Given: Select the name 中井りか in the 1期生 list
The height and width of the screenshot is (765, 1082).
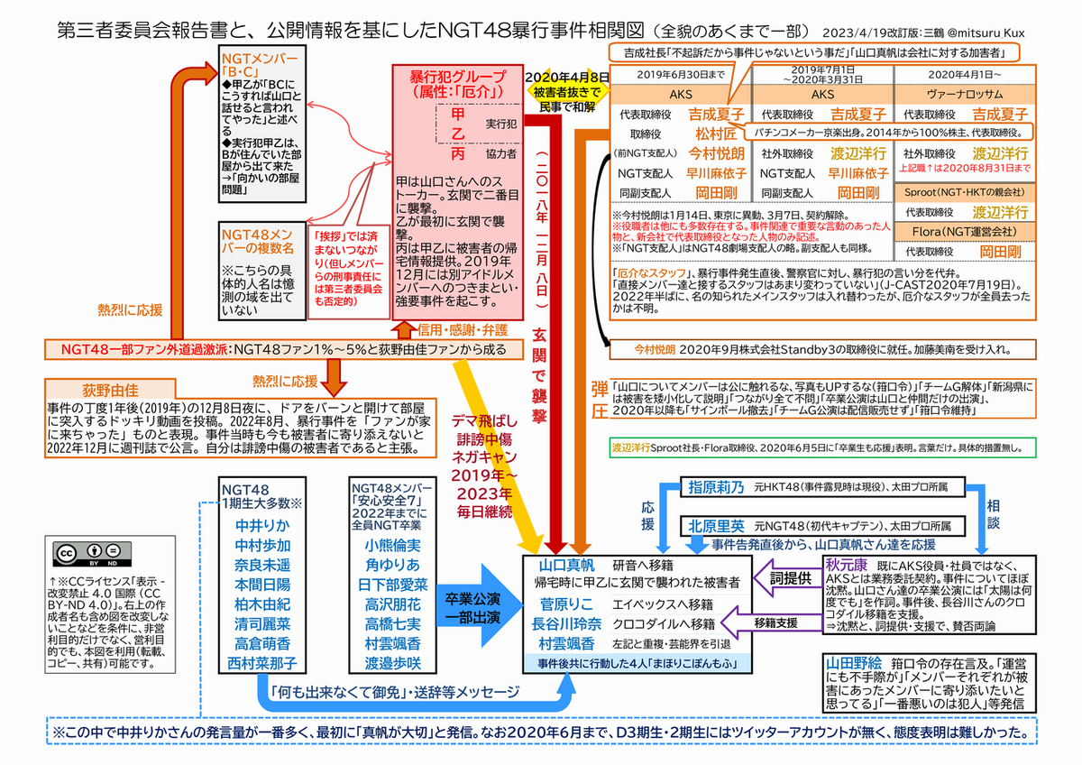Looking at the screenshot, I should click(x=261, y=525).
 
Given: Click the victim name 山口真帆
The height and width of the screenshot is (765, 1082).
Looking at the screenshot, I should click(x=565, y=566).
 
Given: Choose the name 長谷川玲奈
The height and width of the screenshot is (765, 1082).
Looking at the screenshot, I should click(x=572, y=623).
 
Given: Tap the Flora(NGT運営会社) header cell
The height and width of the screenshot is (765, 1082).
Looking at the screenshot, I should click(x=966, y=232).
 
